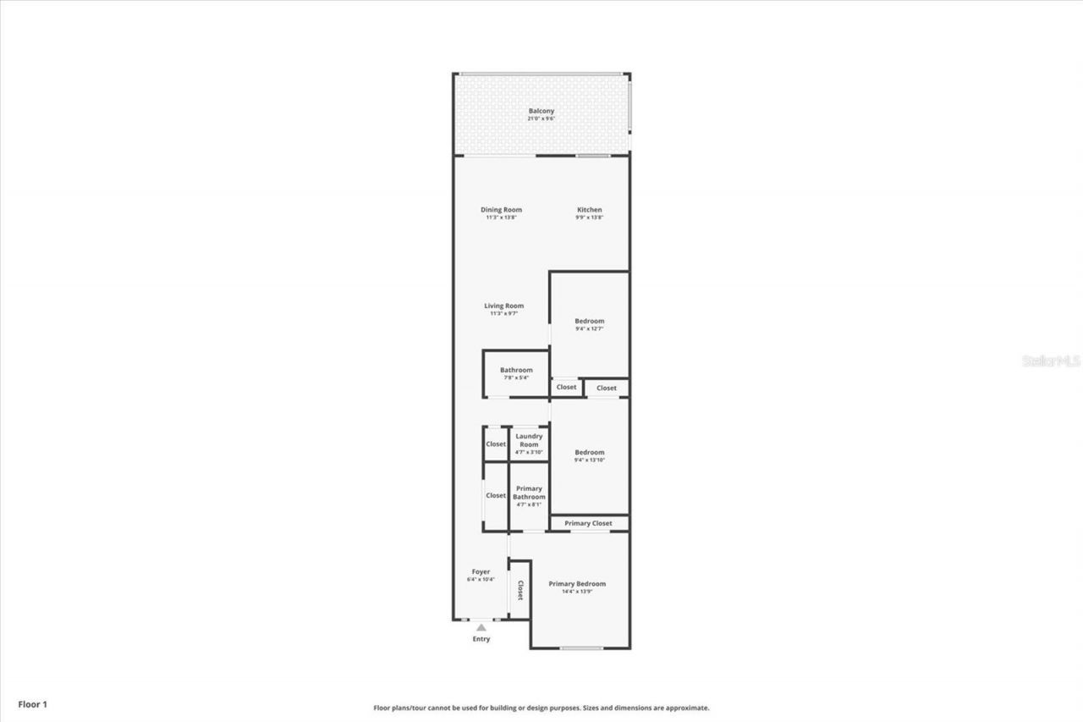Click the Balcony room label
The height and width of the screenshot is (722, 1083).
click(x=541, y=112)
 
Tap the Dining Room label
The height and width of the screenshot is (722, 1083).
click(x=501, y=210)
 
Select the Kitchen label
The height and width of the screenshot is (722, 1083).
click(x=590, y=210)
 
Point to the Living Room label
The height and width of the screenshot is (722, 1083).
click(x=503, y=306)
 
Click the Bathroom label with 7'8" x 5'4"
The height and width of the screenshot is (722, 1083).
click(x=516, y=371)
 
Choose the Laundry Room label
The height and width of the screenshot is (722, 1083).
click(x=529, y=440)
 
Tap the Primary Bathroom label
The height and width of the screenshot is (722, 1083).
click(x=529, y=493)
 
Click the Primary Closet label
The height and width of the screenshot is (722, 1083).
click(x=589, y=524)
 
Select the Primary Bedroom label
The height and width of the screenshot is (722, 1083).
click(x=577, y=584)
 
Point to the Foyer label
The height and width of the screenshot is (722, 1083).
click(x=481, y=572)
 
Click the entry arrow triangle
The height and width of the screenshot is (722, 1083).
click(x=481, y=627)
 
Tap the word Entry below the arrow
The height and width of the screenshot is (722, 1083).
click(x=481, y=639)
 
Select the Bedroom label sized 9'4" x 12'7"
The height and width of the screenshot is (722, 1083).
click(x=590, y=322)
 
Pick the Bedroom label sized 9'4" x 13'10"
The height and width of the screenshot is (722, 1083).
click(x=590, y=453)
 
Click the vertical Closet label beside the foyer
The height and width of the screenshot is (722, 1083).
click(x=520, y=590)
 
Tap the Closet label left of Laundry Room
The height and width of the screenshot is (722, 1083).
click(x=496, y=444)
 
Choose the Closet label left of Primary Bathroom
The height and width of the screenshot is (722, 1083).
click(x=496, y=496)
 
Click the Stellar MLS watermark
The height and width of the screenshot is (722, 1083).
click(x=1052, y=361)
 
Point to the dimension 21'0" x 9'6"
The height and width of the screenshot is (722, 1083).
click(x=541, y=119)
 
